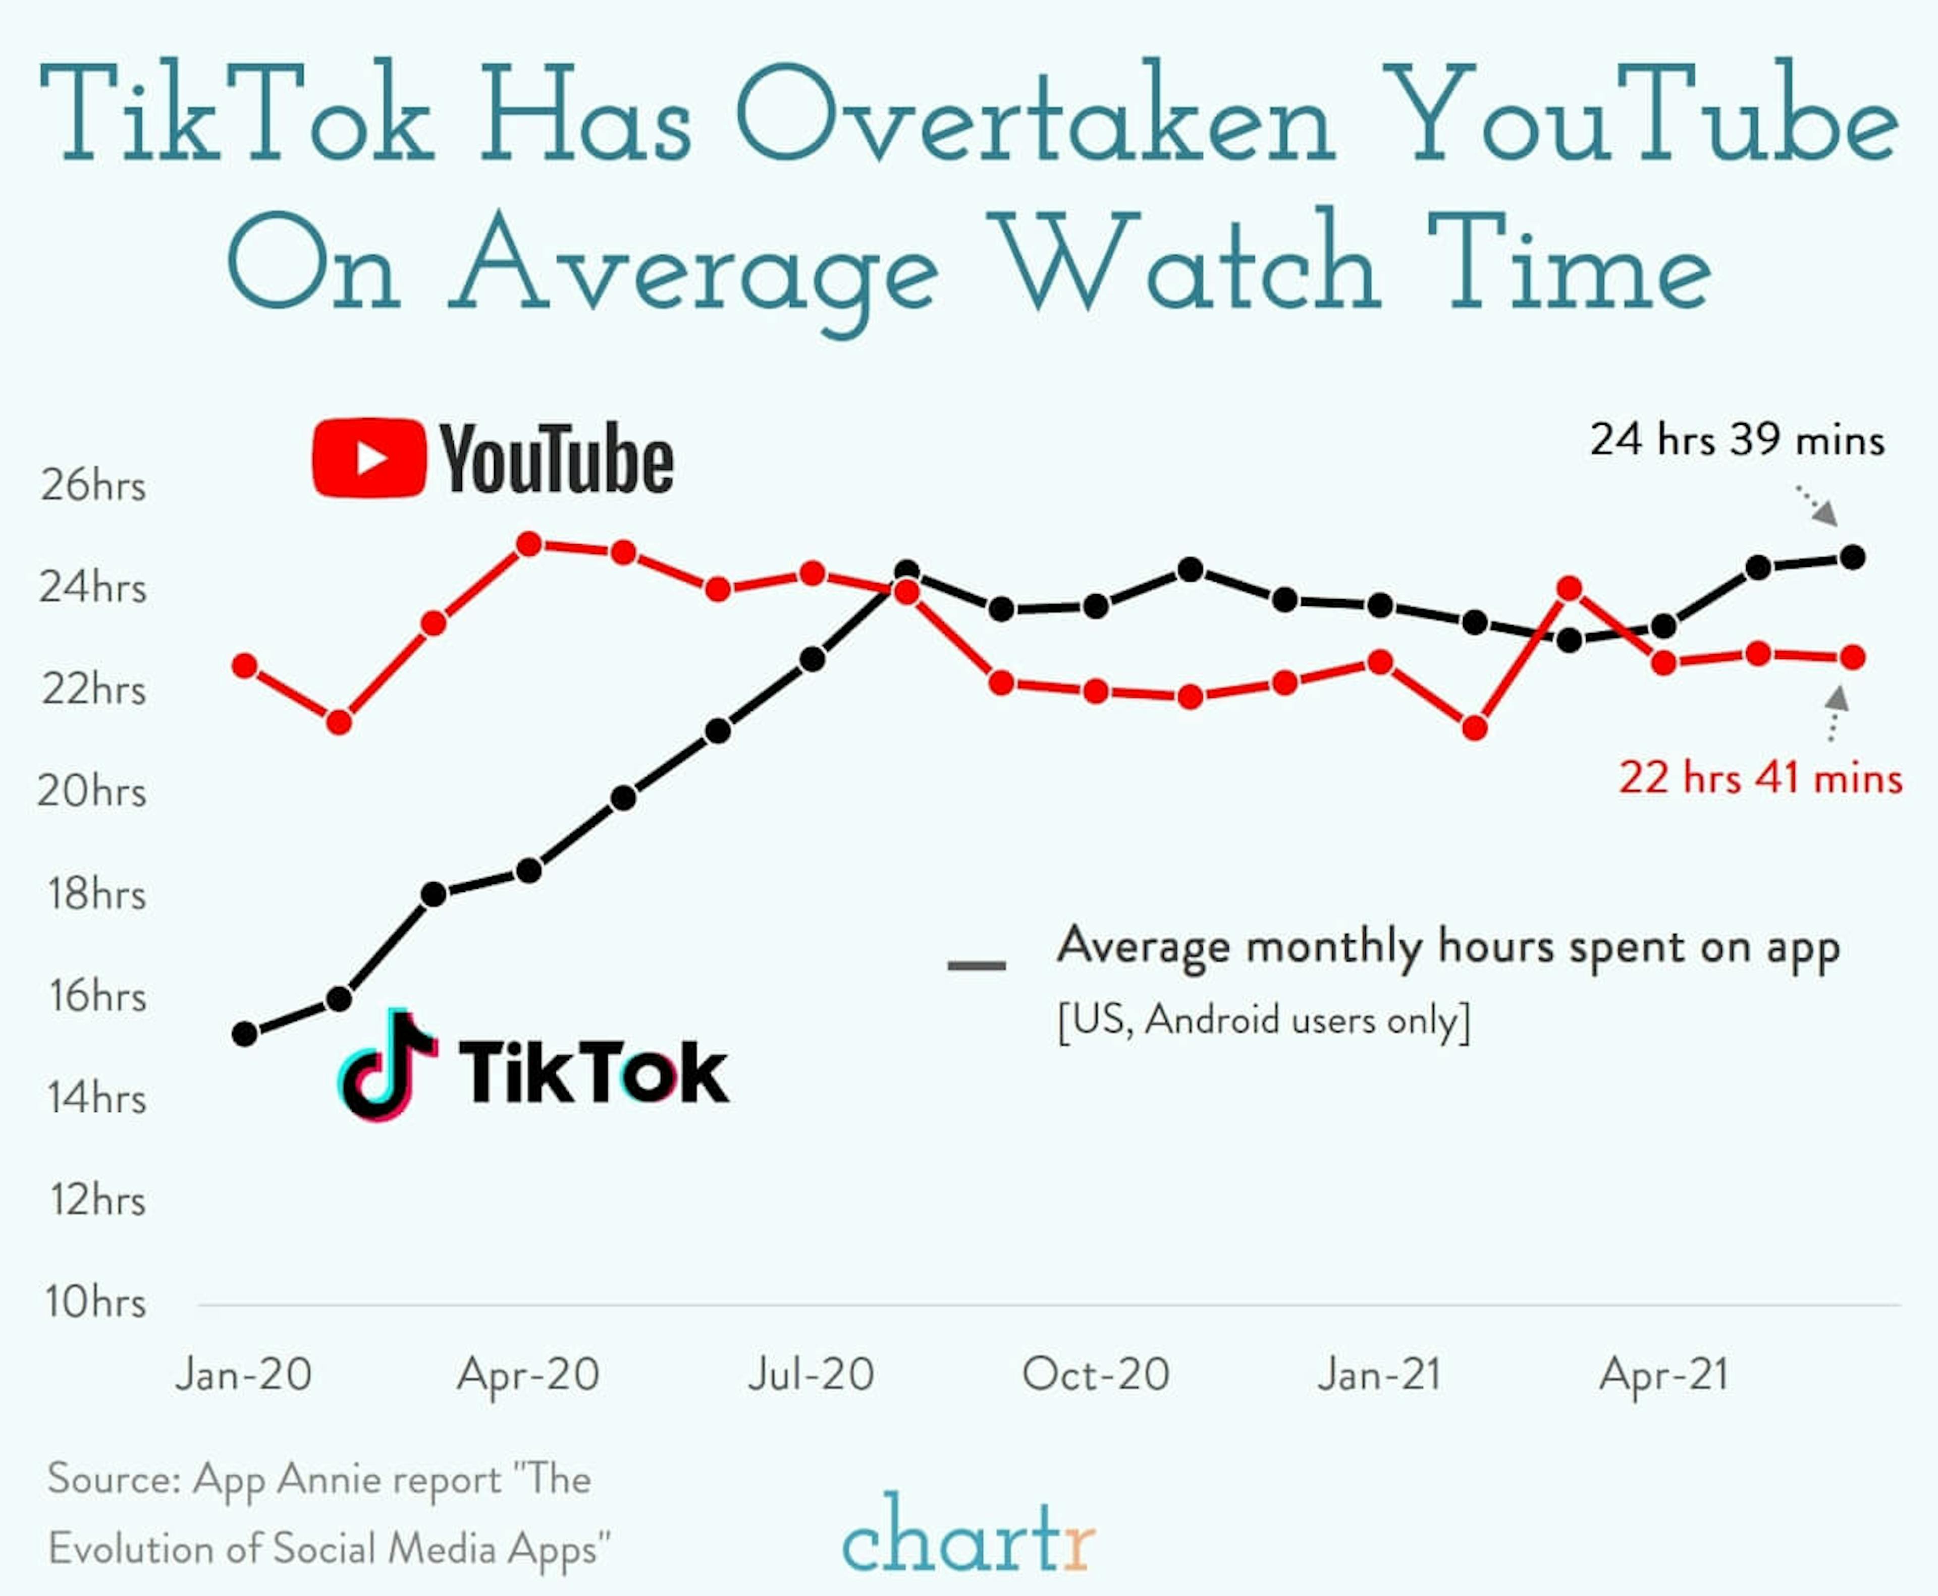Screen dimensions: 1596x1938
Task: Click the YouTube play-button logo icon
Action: pos(369,458)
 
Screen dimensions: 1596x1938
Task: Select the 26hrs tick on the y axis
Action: pos(93,485)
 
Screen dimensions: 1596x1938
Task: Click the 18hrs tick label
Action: pos(96,894)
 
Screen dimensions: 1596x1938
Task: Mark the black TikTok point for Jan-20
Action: pos(245,1034)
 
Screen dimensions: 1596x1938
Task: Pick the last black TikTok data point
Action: pos(1853,557)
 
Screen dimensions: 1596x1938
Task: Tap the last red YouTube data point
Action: pos(1853,657)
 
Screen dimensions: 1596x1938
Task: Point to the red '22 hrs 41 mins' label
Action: pos(1759,778)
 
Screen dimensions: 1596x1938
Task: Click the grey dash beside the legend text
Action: pos(976,965)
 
